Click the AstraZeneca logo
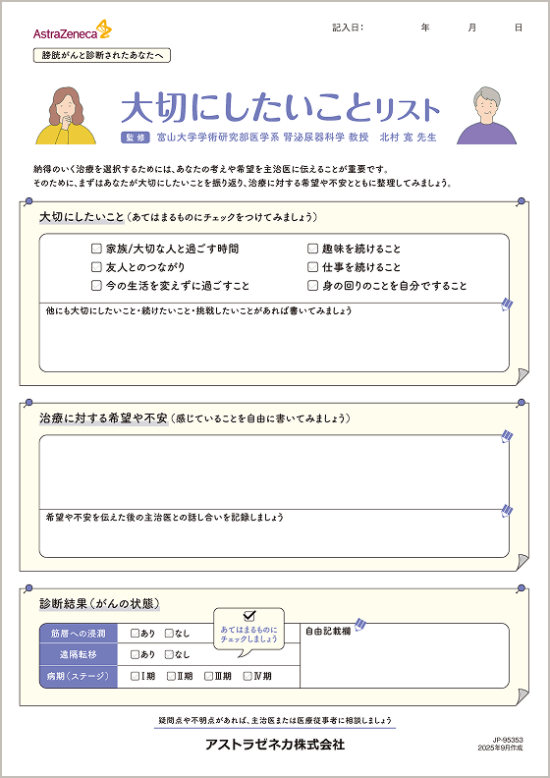pyautogui.click(x=72, y=31)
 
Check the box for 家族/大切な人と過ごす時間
pyautogui.click(x=96, y=250)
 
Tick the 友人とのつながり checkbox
pyautogui.click(x=96, y=267)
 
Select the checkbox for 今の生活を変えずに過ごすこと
pyautogui.click(x=96, y=286)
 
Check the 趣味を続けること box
pyautogui.click(x=313, y=250)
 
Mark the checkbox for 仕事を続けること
pyautogui.click(x=313, y=267)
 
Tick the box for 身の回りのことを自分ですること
pyautogui.click(x=313, y=286)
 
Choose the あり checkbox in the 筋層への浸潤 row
pyautogui.click(x=135, y=634)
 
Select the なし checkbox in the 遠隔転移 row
pyautogui.click(x=170, y=654)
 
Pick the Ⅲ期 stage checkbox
pyautogui.click(x=209, y=676)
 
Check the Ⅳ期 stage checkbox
pyautogui.click(x=247, y=676)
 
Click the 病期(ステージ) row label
pyautogui.click(x=78, y=676)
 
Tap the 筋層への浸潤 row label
pyautogui.click(x=78, y=634)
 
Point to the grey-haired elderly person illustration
pyautogui.click(x=486, y=115)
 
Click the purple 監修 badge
pyautogui.click(x=135, y=138)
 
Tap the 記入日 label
pyautogui.click(x=348, y=28)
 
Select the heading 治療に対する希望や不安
pyautogui.click(x=102, y=417)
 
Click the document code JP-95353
pyautogui.click(x=508, y=739)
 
